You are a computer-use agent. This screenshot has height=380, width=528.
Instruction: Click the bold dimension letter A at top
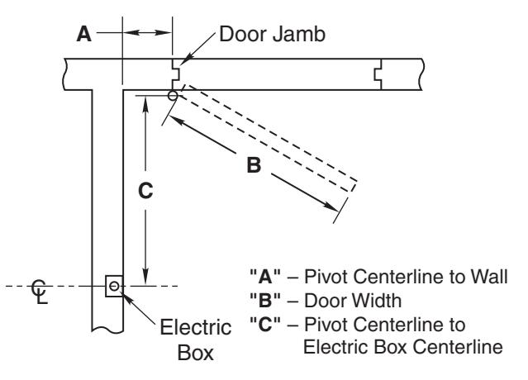(83, 34)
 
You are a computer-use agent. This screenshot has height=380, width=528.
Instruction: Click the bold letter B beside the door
(254, 165)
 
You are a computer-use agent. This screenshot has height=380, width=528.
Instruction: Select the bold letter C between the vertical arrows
(145, 191)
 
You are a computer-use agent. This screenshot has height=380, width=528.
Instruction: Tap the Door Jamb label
(272, 34)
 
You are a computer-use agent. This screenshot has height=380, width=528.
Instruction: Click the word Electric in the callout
(196, 327)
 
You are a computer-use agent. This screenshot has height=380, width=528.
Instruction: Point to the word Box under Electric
(196, 353)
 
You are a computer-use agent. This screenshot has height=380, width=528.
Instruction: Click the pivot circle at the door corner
(173, 96)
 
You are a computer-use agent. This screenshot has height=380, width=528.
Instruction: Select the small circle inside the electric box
(114, 286)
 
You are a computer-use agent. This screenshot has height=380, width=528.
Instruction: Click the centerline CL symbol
(40, 292)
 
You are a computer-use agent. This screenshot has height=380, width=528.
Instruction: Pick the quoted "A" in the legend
(265, 277)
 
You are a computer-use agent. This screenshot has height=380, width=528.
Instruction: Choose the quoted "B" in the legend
(265, 300)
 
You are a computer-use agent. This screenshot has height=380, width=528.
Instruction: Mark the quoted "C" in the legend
(265, 324)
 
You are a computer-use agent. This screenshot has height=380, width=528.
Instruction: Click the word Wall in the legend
(489, 277)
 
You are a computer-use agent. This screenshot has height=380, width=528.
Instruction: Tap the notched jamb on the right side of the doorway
(378, 74)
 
